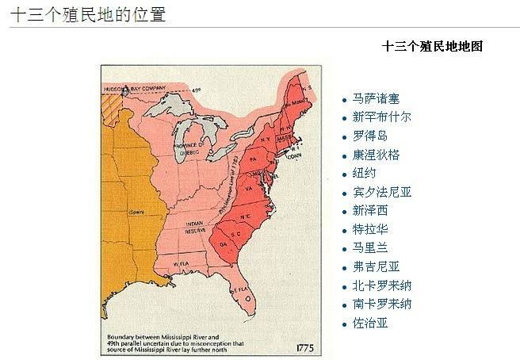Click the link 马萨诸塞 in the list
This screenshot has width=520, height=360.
pos(376,99)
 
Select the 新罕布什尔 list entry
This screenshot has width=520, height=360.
pos(382,117)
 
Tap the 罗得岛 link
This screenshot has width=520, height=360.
pos(370,136)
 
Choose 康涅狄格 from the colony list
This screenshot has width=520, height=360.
pos(376,155)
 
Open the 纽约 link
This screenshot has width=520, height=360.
pos(365,174)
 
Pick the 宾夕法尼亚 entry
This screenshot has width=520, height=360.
pos(382,192)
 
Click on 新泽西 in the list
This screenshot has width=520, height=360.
pos(370,210)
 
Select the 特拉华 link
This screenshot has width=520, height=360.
pos(370,229)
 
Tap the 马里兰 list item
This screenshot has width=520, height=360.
pos(370,248)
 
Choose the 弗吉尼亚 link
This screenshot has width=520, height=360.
pos(376,266)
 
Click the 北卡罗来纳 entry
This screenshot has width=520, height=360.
pos(382,285)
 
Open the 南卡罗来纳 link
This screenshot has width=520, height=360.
pos(382,304)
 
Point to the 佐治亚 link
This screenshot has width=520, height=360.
pos(370,323)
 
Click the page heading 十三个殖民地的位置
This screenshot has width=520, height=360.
pos(88,13)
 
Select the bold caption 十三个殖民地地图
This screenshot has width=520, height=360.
pos(432,46)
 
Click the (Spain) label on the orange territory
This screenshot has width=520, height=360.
pos(136,212)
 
